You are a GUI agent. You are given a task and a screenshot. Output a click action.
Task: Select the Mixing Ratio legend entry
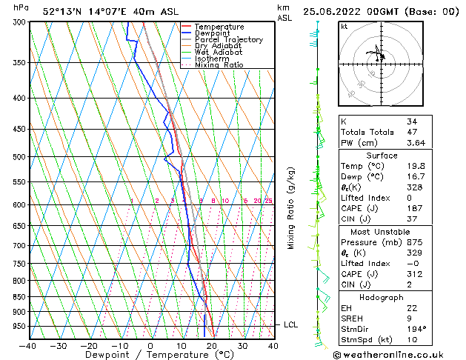point(219,65)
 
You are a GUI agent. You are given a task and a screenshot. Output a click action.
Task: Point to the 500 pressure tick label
point(19,157)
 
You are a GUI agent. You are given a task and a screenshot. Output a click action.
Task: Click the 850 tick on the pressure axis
point(19,297)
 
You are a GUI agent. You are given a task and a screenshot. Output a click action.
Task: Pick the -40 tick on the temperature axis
point(27,345)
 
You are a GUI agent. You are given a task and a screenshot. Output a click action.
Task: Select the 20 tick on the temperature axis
point(212,345)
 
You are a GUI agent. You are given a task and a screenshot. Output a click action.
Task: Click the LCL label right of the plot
point(291,324)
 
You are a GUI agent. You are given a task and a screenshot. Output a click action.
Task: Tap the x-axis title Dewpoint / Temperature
point(150,356)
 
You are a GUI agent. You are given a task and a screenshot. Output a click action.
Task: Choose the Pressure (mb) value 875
point(415,242)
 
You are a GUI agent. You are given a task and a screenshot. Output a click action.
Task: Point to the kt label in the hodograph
point(344,27)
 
